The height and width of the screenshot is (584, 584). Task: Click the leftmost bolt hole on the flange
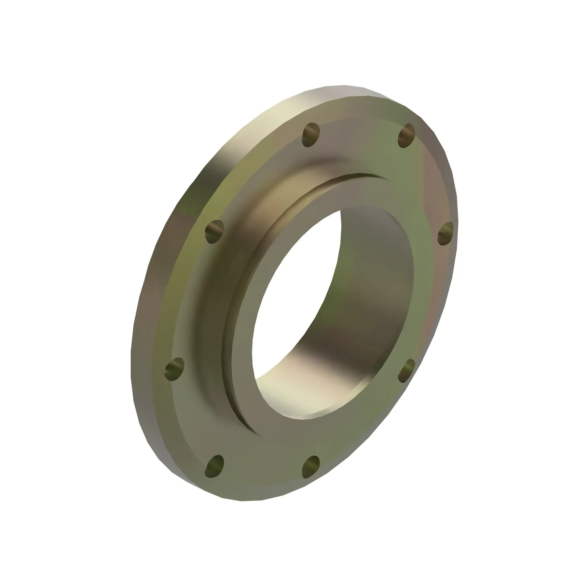coord(174,369)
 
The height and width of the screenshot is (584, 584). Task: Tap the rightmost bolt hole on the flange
coord(446,233)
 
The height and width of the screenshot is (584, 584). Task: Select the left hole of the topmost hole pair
coord(311,135)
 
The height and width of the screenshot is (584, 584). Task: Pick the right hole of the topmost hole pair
coord(406,135)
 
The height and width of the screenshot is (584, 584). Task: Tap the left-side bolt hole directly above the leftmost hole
coord(214,232)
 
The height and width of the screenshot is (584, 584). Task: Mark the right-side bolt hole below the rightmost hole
coord(406,371)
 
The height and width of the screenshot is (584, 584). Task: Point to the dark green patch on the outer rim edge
coord(190,203)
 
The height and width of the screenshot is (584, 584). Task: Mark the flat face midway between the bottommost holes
coord(263,472)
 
